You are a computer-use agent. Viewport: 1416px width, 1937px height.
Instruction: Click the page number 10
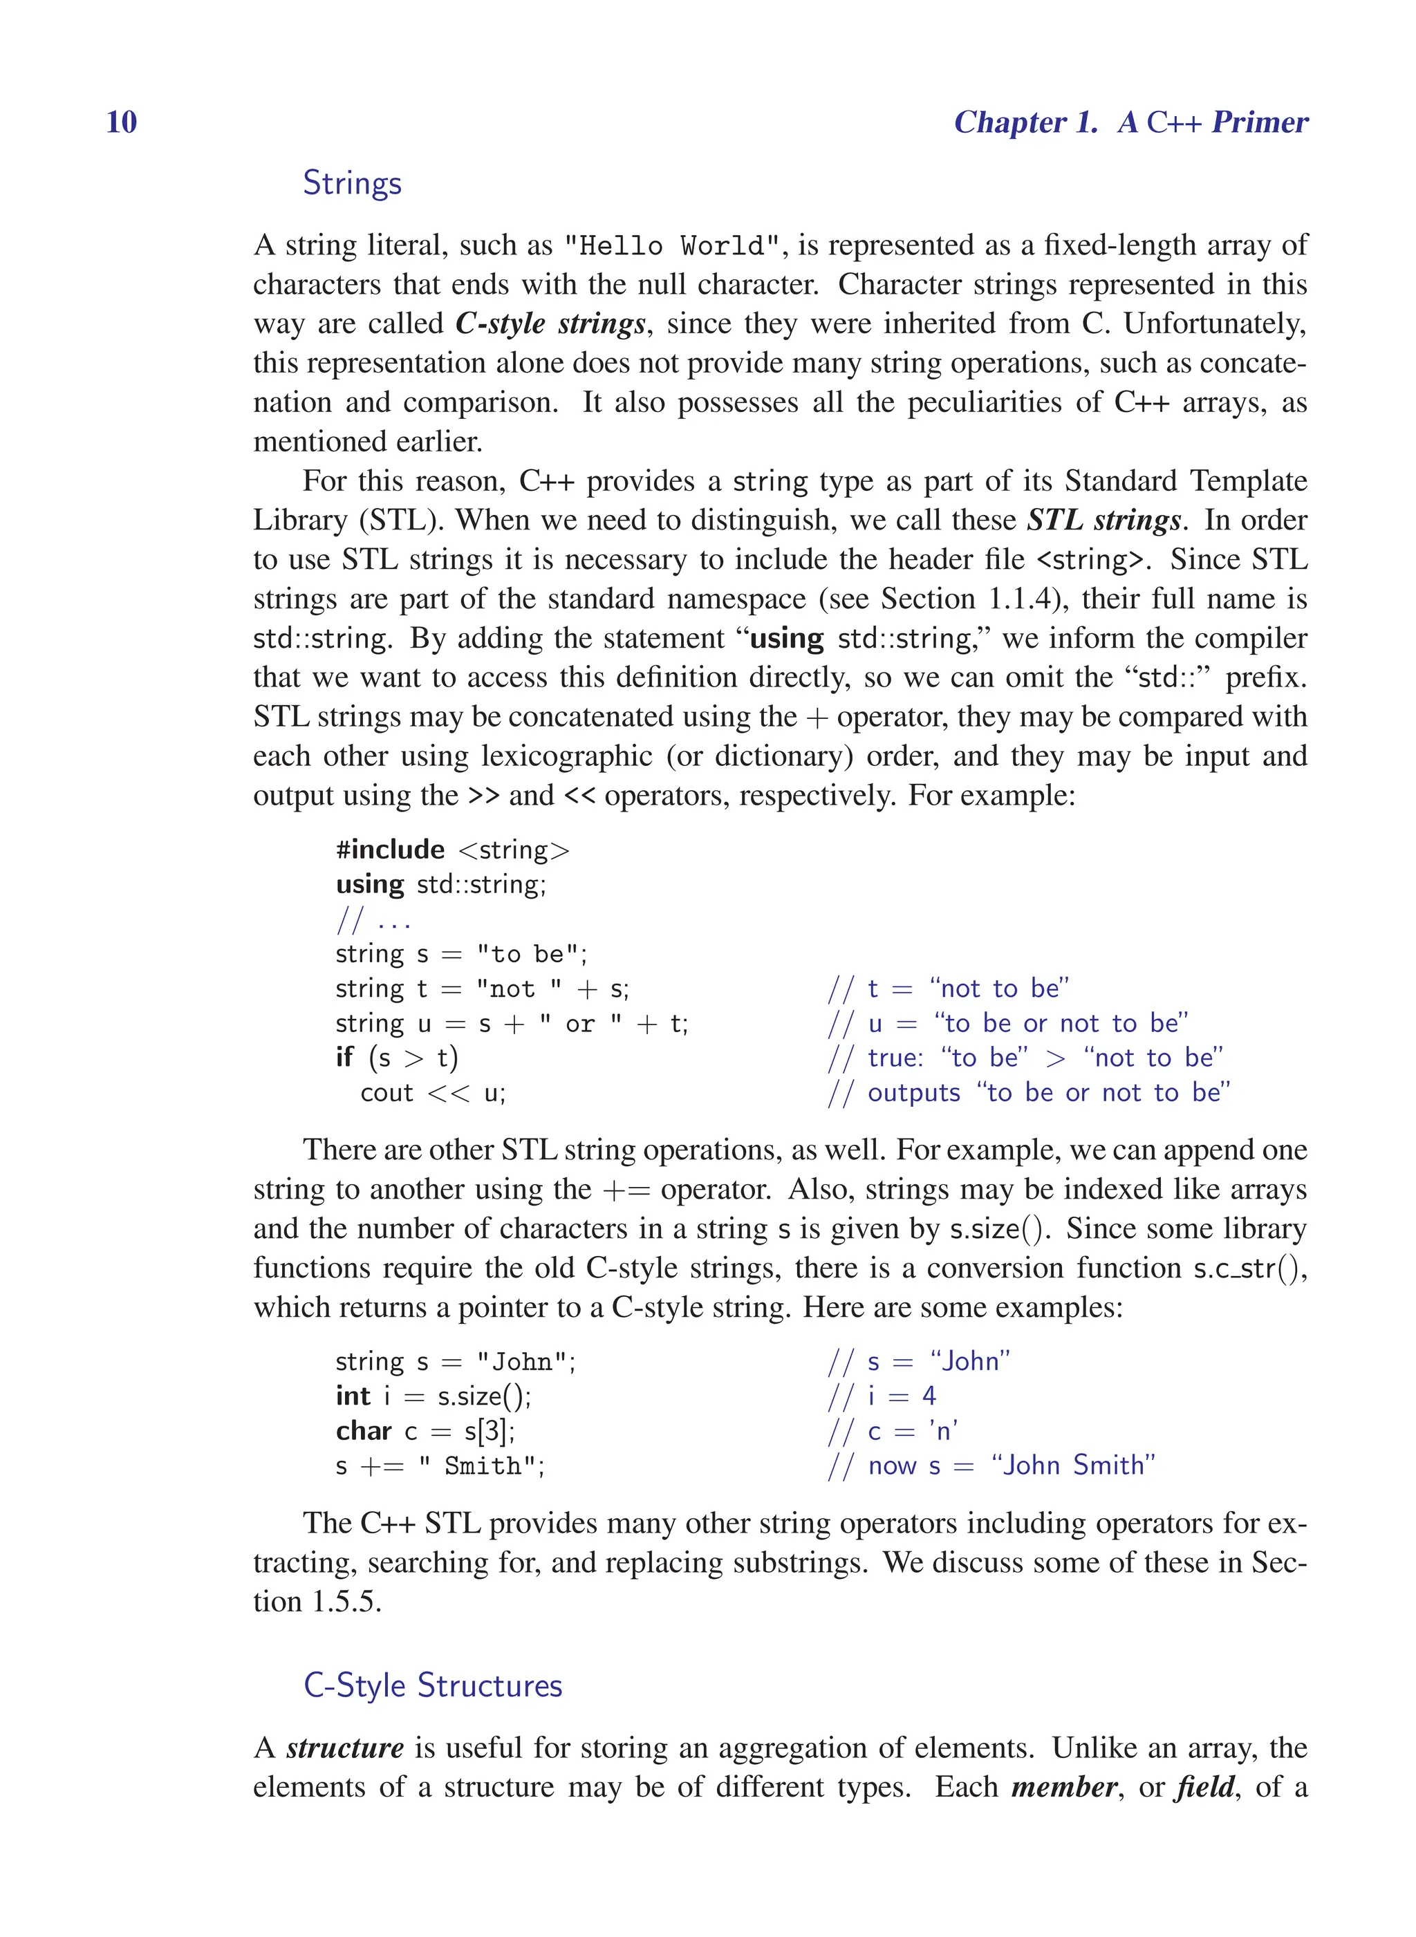tap(121, 122)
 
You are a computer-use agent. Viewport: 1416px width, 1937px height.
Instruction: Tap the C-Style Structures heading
tap(432, 1685)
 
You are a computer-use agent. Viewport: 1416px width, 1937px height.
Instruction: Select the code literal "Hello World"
tap(672, 246)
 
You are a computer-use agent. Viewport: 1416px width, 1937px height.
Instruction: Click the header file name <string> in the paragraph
tap(1090, 561)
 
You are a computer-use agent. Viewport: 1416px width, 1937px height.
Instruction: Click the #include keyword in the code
tap(390, 850)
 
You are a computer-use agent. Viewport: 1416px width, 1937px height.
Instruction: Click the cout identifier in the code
tap(386, 1093)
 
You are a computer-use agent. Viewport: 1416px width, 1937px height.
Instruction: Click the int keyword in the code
tap(353, 1396)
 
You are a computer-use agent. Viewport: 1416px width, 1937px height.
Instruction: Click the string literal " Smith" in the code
tap(480, 1466)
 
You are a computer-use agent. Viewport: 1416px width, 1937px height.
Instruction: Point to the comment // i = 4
tap(881, 1396)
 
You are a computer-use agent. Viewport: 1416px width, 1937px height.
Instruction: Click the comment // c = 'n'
tap(891, 1432)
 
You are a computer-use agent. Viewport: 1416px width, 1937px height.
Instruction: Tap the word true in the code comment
tap(894, 1058)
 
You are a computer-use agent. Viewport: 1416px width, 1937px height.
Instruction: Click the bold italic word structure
tap(344, 1748)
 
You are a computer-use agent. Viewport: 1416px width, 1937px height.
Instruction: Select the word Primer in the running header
tap(1259, 122)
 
